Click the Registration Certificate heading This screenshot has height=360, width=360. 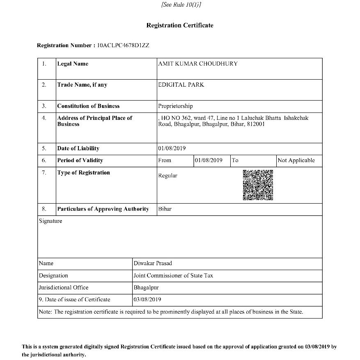(180, 25)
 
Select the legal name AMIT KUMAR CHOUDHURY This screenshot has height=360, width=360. (198, 64)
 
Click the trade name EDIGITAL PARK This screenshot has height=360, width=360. (181, 85)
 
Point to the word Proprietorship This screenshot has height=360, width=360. (175, 106)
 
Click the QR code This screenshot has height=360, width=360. (258, 185)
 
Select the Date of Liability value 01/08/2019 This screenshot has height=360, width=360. (172, 148)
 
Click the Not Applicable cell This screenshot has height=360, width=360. (296, 161)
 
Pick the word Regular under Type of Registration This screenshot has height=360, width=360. (168, 176)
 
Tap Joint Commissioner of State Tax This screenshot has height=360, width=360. (173, 275)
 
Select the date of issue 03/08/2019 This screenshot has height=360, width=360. (147, 300)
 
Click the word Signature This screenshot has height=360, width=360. (50, 221)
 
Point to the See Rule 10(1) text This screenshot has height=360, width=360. (181, 5)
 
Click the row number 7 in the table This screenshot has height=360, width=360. (44, 173)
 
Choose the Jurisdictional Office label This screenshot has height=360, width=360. (64, 288)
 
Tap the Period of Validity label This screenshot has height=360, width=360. (80, 161)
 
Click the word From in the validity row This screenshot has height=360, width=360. (165, 161)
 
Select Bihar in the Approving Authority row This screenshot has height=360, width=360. (165, 209)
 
